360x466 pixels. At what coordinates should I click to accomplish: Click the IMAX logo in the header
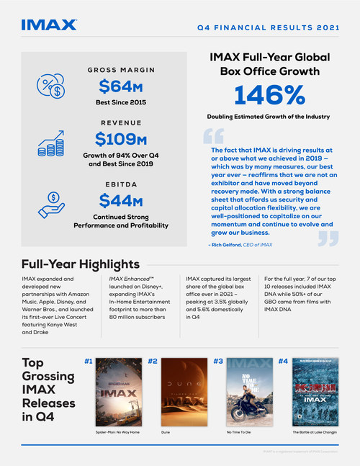pyautogui.click(x=48, y=24)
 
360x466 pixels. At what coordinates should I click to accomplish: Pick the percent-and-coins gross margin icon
pyautogui.click(x=48, y=85)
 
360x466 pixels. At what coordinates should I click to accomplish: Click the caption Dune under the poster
pyautogui.click(x=166, y=434)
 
